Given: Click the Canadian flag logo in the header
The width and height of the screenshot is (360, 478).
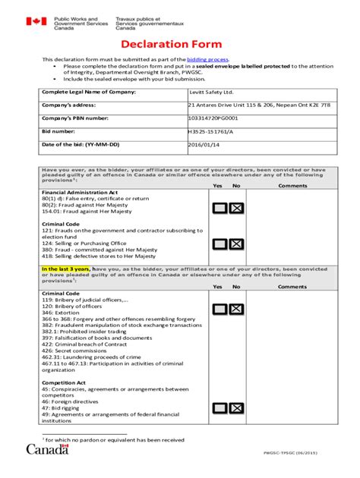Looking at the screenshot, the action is pyautogui.click(x=36, y=22).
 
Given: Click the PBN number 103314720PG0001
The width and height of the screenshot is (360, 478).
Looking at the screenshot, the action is pyautogui.click(x=213, y=118).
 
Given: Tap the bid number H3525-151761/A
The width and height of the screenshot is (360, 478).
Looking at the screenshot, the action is pyautogui.click(x=210, y=131).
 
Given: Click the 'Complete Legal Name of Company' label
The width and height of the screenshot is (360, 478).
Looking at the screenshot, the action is pyautogui.click(x=88, y=92).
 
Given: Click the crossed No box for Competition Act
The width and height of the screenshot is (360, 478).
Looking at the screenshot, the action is pyautogui.click(x=236, y=408).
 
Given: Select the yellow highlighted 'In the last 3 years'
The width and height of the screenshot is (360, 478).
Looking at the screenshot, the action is pyautogui.click(x=66, y=269).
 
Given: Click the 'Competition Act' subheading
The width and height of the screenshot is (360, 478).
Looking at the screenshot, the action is pyautogui.click(x=63, y=382).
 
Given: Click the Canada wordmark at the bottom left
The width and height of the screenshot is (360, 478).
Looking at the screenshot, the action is pyautogui.click(x=48, y=449).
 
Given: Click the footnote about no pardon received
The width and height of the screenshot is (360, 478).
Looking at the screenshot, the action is pyautogui.click(x=115, y=439).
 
